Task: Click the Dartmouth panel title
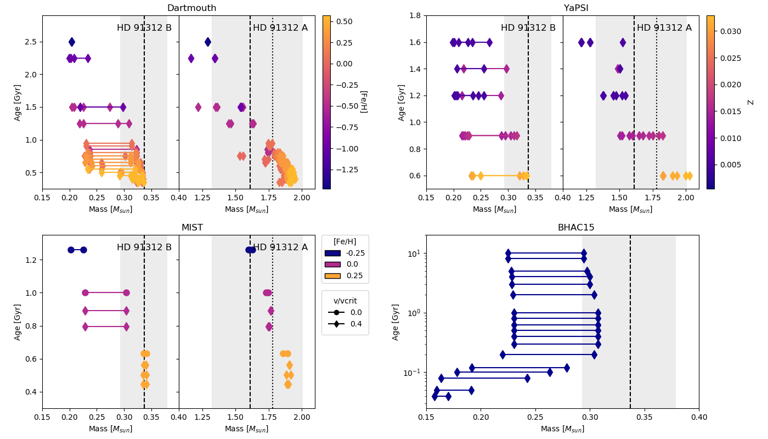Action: [191, 8]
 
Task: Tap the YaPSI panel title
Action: [576, 8]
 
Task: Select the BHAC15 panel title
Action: [576, 228]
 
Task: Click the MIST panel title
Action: [192, 228]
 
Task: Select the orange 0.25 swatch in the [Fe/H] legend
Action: [332, 276]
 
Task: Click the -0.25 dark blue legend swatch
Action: [332, 254]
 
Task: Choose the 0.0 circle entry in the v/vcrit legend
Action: [336, 313]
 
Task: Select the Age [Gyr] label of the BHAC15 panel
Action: [396, 322]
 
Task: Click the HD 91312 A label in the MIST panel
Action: [280, 247]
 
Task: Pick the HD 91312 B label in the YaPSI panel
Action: [528, 28]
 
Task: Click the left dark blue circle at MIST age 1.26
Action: [71, 250]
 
